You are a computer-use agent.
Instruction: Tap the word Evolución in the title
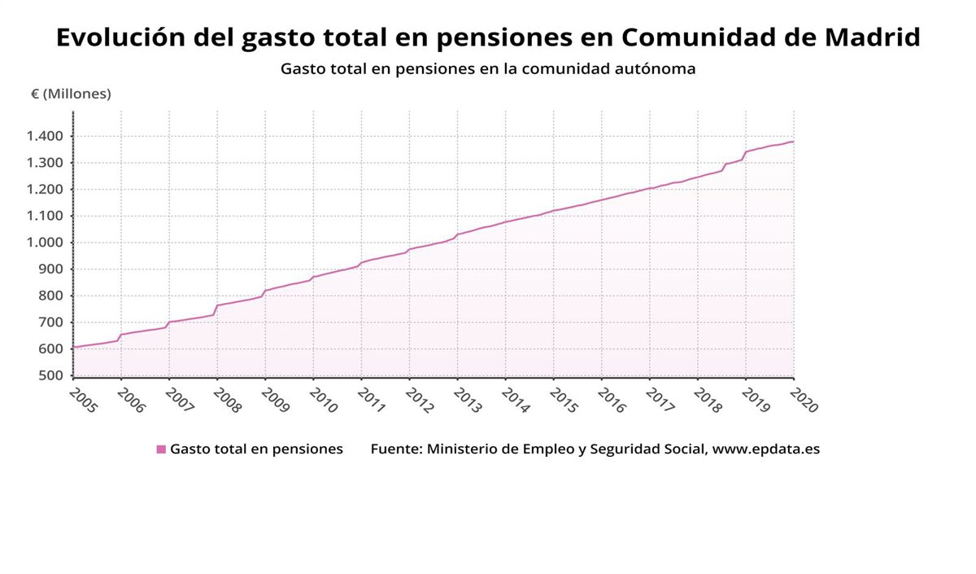tap(120, 37)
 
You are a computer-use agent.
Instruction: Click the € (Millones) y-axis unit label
tap(71, 94)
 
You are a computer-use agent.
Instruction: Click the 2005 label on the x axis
tap(84, 401)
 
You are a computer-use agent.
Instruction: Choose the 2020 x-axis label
tap(804, 401)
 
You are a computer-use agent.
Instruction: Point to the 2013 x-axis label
tap(468, 401)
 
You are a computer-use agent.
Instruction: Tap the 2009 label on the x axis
tap(276, 401)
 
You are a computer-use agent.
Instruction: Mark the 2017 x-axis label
tap(660, 401)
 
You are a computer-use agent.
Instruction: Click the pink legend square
tap(161, 449)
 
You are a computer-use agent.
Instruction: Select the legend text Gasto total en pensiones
tap(256, 449)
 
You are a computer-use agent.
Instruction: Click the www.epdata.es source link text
tap(766, 449)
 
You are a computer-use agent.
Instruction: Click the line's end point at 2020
tap(793, 142)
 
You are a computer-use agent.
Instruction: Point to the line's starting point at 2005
tap(74, 348)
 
